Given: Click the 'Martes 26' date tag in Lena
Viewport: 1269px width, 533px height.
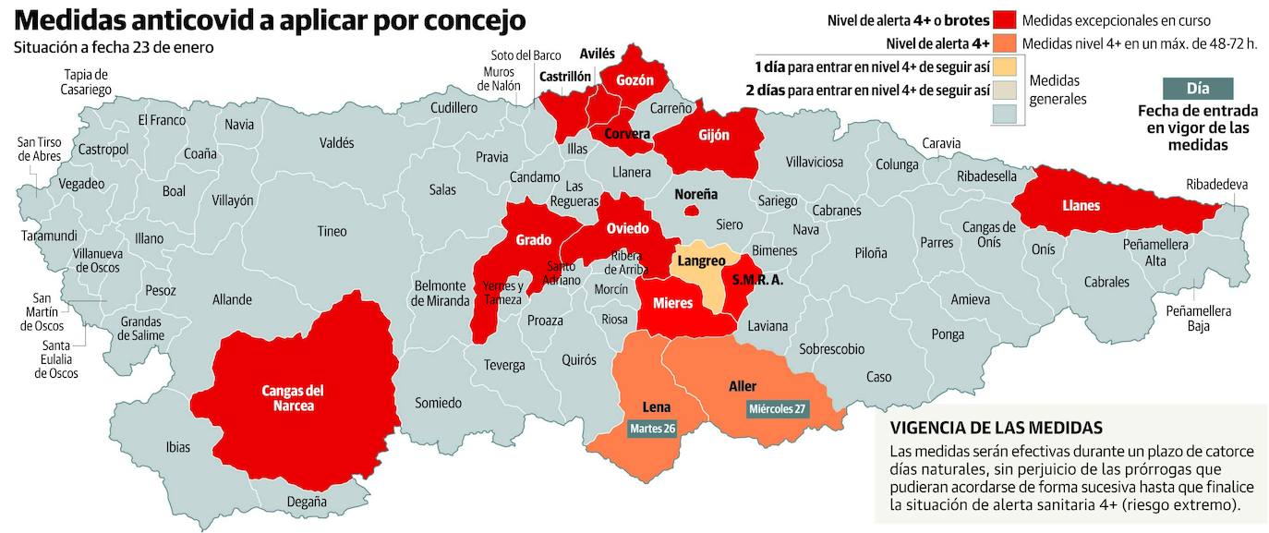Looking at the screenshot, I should point(652,429).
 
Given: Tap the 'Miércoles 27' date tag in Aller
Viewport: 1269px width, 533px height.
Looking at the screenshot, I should point(778,408).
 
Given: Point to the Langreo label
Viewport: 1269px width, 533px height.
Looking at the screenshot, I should point(702,261).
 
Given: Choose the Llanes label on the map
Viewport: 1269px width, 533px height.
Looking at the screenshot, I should point(1081,205).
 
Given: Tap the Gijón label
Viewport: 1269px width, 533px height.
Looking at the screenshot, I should point(714,135).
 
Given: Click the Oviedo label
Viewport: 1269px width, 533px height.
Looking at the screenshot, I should point(628,228).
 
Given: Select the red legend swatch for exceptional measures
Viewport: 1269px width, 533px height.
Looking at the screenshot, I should point(1005,20).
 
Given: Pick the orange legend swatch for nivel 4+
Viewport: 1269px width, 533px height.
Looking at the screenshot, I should point(1005,42).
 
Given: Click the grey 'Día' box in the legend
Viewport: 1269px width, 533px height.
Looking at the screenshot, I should point(1197,89).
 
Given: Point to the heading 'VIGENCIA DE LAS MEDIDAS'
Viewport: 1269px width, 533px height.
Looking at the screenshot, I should point(996,428).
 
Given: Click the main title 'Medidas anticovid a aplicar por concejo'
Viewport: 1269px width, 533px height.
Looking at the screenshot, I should point(271,20).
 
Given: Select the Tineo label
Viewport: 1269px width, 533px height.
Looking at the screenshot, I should point(332,231).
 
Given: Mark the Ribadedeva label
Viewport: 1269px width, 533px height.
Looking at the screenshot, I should point(1216,185).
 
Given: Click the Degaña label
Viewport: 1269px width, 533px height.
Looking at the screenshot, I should point(307,502).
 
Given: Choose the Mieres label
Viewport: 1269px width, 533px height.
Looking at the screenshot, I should point(672,303).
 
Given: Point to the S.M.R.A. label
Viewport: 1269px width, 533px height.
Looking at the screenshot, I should point(757,280).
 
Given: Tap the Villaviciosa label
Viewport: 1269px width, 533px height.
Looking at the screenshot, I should point(814,163).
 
